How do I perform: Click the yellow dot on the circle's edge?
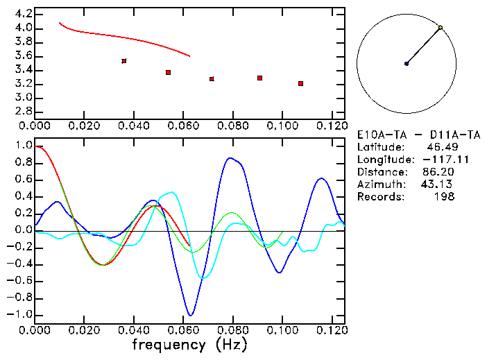441,28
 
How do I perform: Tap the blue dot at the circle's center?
407,64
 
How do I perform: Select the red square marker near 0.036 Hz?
123,61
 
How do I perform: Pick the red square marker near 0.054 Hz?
168,72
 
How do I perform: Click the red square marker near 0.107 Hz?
300,83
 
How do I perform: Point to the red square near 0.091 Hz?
259,78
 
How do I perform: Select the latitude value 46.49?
441,146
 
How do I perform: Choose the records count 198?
444,196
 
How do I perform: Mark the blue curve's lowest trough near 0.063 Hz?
189,316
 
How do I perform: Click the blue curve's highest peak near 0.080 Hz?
230,158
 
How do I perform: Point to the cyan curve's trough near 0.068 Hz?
202,278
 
